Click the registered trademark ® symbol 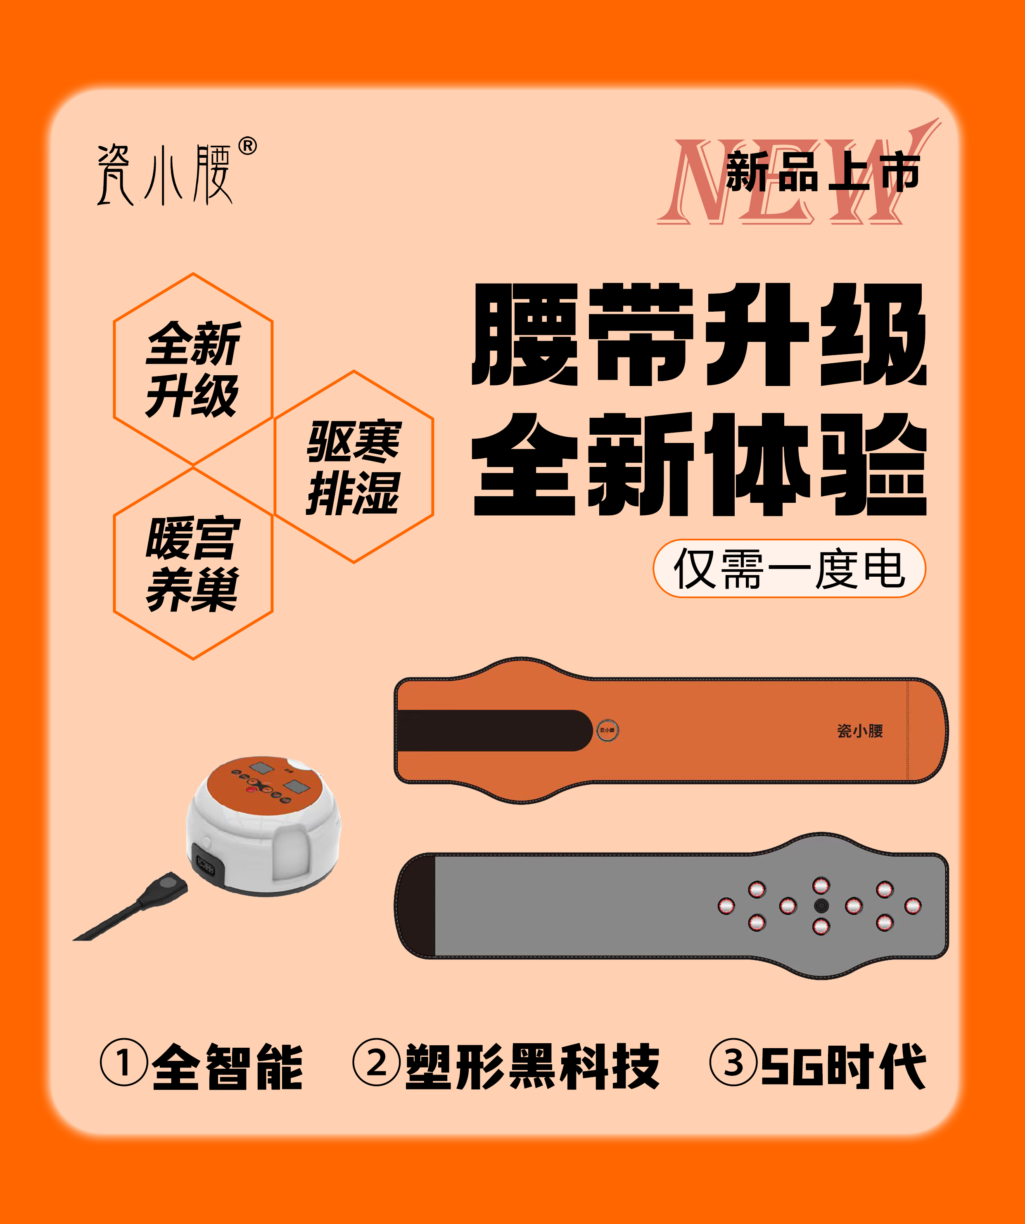coord(247,146)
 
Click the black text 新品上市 coord(823,172)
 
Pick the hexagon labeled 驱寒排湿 coord(354,467)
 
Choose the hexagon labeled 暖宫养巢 coord(193,563)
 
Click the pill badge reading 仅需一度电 coord(789,568)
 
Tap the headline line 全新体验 coord(699,464)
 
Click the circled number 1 coord(123,1062)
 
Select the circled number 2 coord(377,1062)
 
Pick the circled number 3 coord(733,1062)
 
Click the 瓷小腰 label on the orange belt coord(860,731)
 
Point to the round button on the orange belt coord(607,730)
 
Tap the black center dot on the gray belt coord(821,906)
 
